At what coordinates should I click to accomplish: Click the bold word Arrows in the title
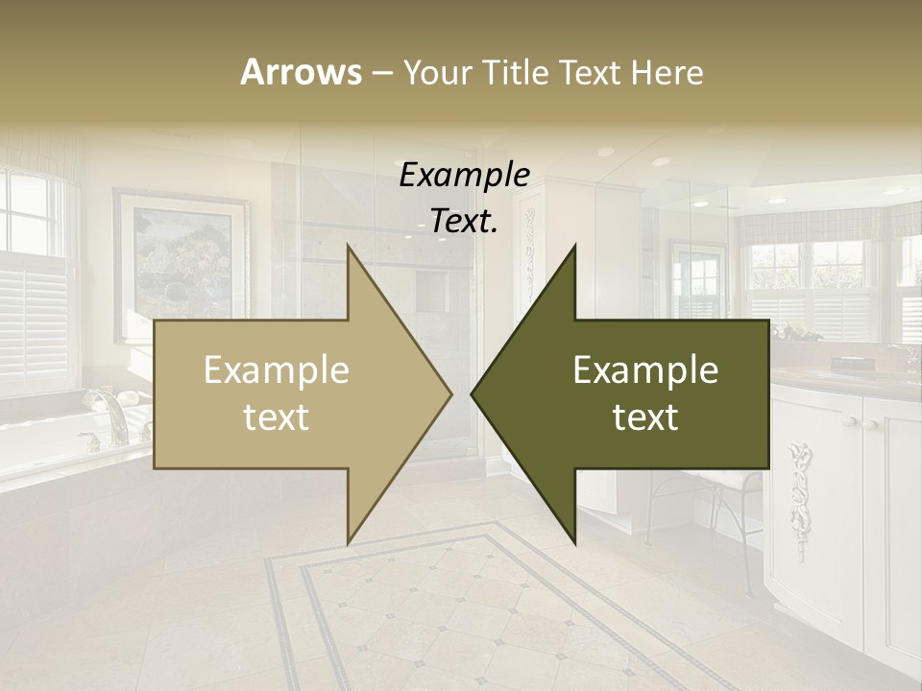point(301,72)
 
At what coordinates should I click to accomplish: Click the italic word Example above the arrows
point(465,176)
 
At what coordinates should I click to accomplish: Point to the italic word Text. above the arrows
point(465,221)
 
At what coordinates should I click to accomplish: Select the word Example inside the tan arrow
point(277,370)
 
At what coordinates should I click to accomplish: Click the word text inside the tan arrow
point(277,417)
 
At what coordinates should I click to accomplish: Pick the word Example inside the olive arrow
point(645,370)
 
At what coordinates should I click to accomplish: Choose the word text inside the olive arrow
point(645,417)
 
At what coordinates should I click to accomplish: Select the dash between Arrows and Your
point(381,73)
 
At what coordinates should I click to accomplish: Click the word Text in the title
point(593,72)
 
